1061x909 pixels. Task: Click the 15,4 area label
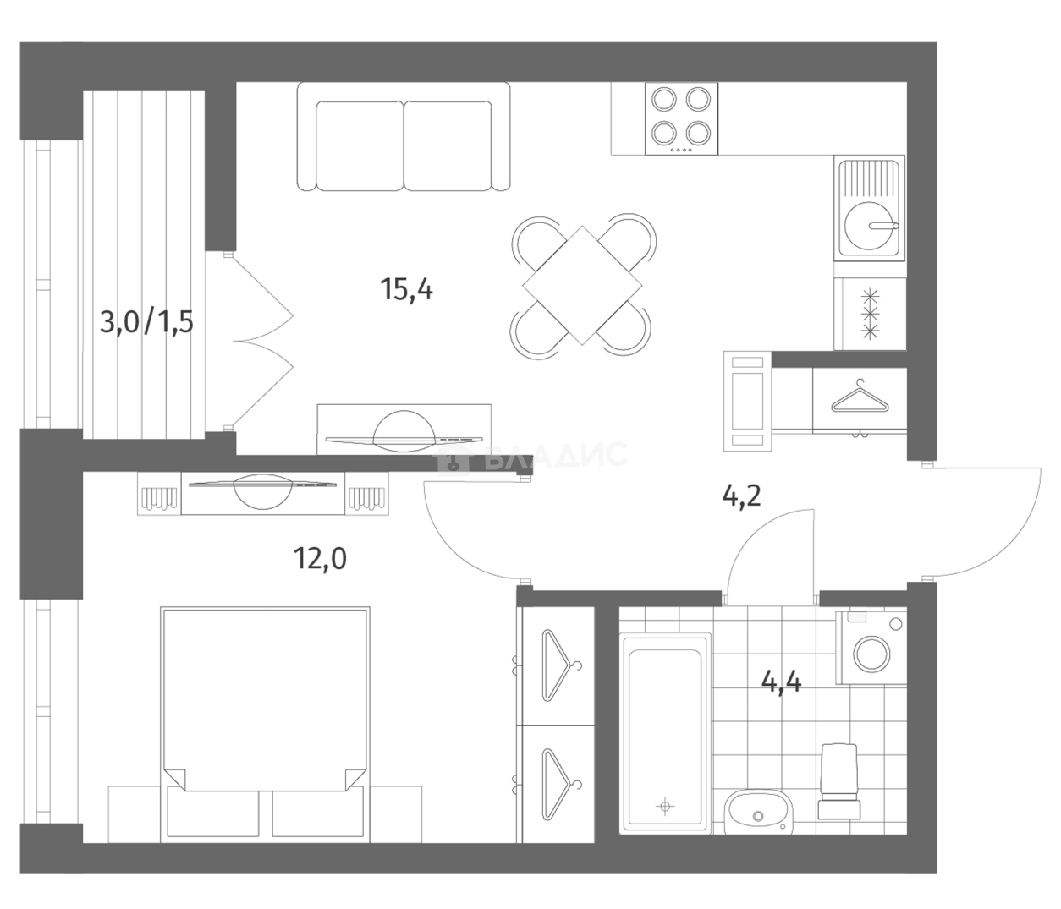point(406,289)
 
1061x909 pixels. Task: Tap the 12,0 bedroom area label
point(320,559)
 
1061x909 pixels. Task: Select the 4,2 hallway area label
point(741,496)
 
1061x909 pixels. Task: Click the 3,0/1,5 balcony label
point(146,323)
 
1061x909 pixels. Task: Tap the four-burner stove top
point(681,119)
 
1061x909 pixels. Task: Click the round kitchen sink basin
point(868,226)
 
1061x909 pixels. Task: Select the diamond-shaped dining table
point(582,285)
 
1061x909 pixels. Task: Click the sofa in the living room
point(404,137)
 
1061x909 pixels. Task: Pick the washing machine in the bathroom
point(871,648)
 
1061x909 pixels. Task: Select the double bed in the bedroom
point(265,726)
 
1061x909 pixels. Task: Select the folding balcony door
point(261,341)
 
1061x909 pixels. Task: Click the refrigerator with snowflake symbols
point(870,314)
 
